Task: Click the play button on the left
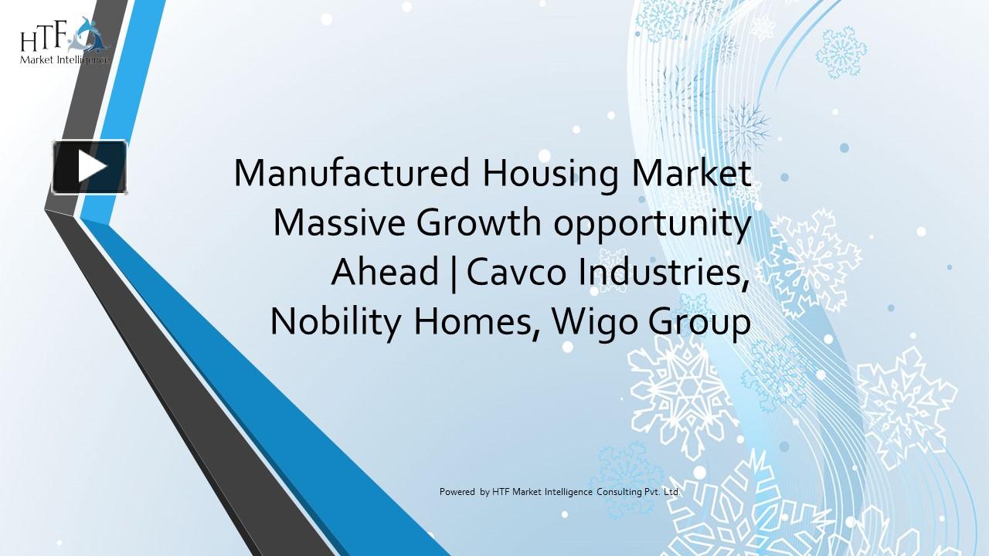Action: (x=90, y=167)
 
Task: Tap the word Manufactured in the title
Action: (x=352, y=173)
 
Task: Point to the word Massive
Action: (x=339, y=223)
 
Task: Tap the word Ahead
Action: (x=385, y=273)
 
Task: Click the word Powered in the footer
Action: (x=457, y=491)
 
